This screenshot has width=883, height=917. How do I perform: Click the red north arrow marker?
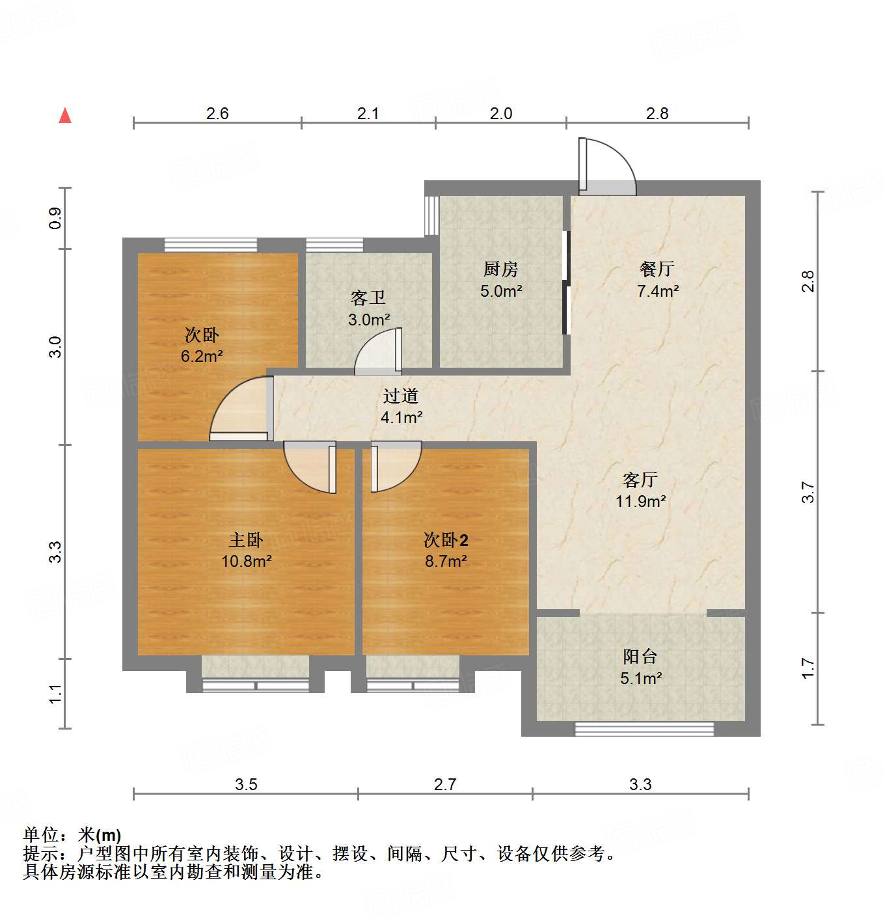[x=65, y=115]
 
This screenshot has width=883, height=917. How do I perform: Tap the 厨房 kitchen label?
[x=500, y=269]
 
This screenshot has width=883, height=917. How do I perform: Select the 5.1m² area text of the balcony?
[x=641, y=679]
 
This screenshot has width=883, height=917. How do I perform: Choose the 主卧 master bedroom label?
[x=246, y=540]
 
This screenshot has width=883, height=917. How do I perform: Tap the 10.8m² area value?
[x=246, y=561]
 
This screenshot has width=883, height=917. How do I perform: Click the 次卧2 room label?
[x=446, y=540]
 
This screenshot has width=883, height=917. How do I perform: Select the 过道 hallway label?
[x=400, y=396]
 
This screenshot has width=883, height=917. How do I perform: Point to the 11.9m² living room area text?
[x=640, y=502]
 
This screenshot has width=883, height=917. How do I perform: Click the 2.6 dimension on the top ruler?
[x=217, y=114]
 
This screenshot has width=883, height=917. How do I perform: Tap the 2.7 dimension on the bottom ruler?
[x=445, y=785]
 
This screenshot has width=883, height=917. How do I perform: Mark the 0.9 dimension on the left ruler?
[x=55, y=218]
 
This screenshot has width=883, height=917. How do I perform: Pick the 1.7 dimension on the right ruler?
[x=808, y=668]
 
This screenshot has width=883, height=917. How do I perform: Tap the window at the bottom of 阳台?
[x=644, y=730]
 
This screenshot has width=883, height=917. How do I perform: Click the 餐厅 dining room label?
[x=657, y=269]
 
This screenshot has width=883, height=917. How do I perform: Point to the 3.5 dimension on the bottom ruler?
[x=246, y=785]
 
